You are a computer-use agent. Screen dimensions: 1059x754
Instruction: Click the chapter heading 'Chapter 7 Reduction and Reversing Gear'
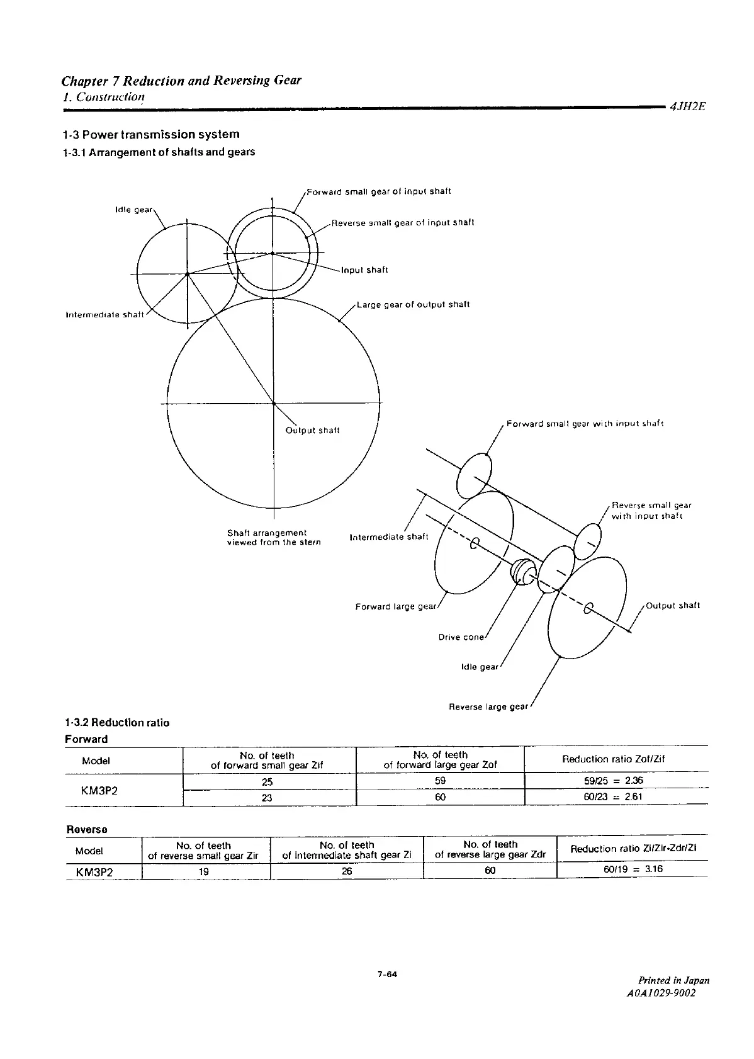click(x=181, y=81)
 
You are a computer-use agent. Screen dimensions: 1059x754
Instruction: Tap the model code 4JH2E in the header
click(x=687, y=107)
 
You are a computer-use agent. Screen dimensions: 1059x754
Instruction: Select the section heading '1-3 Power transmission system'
click(x=151, y=134)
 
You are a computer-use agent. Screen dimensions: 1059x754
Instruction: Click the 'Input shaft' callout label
click(x=364, y=270)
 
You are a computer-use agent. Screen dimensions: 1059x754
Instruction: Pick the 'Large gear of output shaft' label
click(x=413, y=305)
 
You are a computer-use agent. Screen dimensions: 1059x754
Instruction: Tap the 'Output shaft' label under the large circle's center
click(x=312, y=431)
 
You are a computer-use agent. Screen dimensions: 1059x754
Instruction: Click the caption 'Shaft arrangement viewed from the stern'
click(x=273, y=537)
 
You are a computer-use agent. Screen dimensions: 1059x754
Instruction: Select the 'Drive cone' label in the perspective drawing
click(x=461, y=637)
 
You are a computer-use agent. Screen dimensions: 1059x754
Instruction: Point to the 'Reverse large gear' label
click(x=488, y=707)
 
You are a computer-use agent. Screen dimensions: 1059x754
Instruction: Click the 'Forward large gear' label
click(x=395, y=607)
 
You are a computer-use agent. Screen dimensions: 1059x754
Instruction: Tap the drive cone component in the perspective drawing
click(x=522, y=570)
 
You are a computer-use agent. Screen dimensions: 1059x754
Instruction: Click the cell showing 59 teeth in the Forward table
click(x=440, y=781)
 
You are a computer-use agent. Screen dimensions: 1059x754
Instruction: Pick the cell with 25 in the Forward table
click(x=267, y=781)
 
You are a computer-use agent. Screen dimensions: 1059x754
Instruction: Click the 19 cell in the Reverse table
click(x=204, y=872)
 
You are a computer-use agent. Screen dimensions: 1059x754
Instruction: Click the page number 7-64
click(x=387, y=975)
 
